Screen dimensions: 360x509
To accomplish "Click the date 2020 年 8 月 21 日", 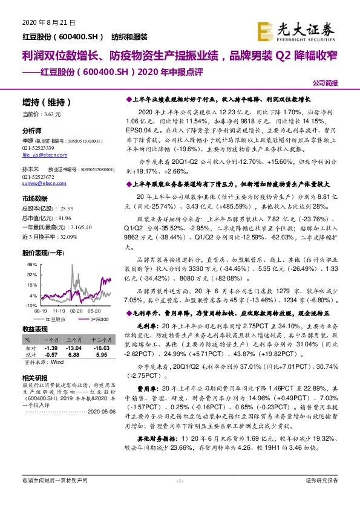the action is click(44, 22).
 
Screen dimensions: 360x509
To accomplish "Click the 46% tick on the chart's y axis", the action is click(31, 265).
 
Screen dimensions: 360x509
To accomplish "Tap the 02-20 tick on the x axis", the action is click(76, 310).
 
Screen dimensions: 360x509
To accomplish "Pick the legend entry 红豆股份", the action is click(56, 319).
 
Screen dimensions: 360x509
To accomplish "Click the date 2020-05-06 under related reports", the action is click(99, 410).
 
